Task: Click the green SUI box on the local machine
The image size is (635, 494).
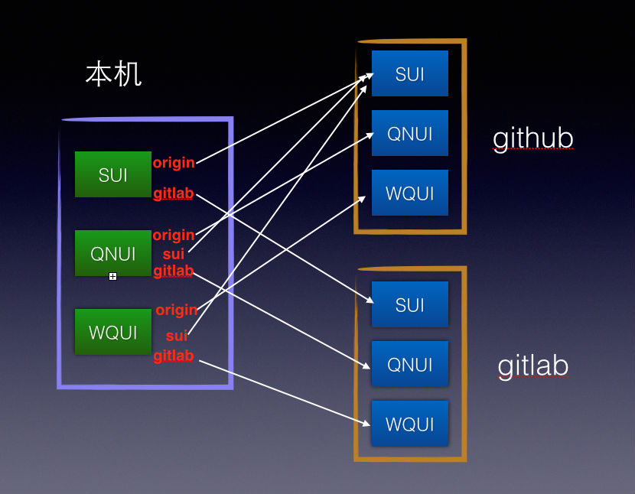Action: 113,174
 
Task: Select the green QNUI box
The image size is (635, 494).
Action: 113,253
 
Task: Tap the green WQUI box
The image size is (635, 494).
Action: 113,332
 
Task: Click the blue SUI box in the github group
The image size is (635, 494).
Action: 410,73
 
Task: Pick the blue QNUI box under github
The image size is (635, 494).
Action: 410,134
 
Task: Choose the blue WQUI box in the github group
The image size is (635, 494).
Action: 410,193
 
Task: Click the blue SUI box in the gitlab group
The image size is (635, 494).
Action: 410,304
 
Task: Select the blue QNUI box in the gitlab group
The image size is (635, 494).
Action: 410,364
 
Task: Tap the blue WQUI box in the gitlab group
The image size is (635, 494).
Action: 410,424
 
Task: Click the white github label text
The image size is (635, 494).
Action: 533,138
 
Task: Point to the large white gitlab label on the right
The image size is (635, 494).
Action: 533,366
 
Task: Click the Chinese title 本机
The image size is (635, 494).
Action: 113,75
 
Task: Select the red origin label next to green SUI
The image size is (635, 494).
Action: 174,163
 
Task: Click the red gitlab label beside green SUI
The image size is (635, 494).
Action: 174,193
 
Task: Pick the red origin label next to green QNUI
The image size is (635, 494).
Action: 174,235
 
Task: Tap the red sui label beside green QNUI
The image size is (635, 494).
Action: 174,253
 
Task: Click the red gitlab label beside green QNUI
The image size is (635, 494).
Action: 174,271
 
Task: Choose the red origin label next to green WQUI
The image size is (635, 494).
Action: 177,310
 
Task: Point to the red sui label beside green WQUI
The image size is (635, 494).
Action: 177,336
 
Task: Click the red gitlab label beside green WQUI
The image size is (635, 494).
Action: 174,356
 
